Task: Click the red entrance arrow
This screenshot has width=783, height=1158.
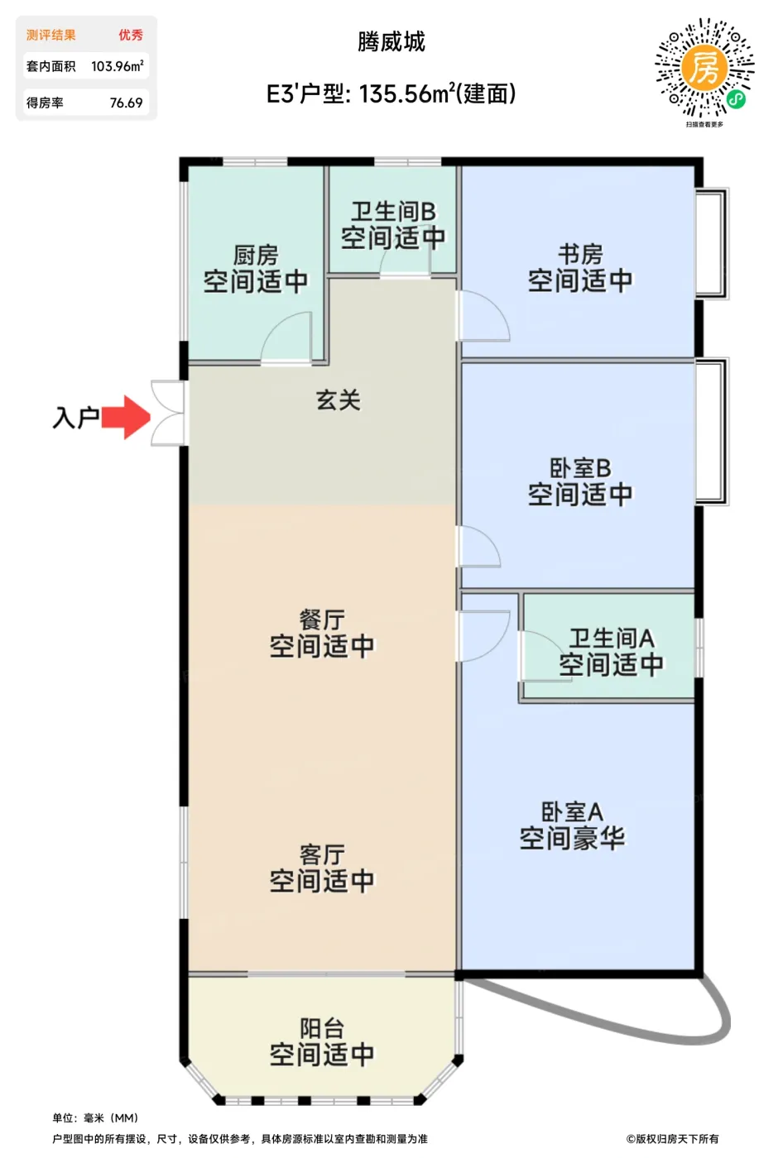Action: click(126, 416)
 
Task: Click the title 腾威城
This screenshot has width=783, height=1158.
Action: click(391, 42)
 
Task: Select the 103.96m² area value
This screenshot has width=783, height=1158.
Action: click(117, 66)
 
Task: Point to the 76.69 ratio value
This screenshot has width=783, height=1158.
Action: click(126, 103)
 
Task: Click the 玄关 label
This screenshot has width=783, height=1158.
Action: click(339, 401)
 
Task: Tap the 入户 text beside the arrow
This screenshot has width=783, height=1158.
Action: click(75, 417)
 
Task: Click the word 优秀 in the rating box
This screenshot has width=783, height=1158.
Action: click(130, 35)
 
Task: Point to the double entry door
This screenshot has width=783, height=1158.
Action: click(168, 413)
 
